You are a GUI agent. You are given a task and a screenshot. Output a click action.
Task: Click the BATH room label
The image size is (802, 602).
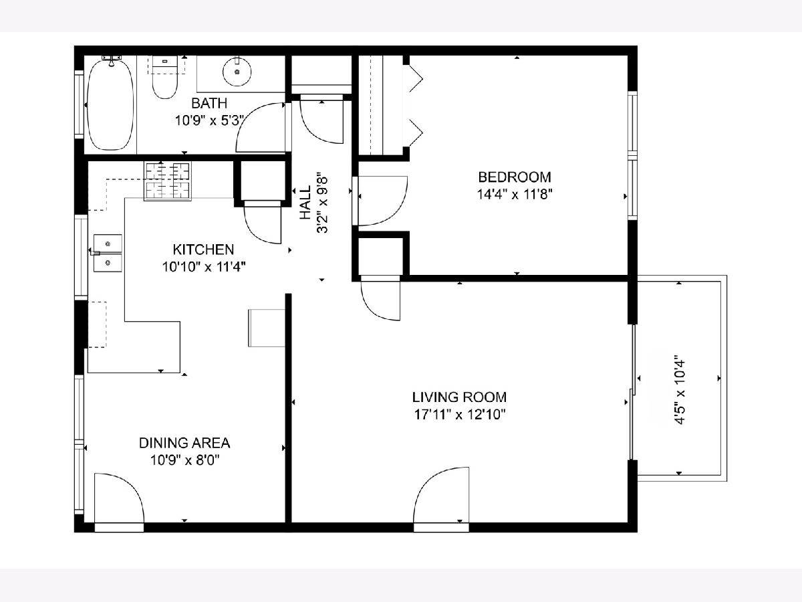coord(209,104)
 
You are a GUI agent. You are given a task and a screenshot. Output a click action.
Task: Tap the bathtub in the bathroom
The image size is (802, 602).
coord(110,104)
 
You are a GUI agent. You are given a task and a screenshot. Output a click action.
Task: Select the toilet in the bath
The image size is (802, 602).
coord(165,78)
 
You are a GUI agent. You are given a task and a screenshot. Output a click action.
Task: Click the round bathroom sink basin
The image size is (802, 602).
coord(237,72)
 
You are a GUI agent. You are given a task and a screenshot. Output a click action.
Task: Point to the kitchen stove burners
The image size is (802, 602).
coord(168,181)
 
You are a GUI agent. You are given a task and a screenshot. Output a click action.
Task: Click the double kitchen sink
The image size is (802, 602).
coord(108,253)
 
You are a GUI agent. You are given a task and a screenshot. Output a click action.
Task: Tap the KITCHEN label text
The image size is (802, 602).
coord(204,249)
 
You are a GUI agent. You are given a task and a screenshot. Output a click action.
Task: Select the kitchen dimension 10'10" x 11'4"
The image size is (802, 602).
coord(204,267)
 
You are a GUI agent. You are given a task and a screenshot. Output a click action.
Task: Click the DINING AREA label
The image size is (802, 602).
coord(184,443)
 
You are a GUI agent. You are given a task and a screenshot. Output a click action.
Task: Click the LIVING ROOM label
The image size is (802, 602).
coord(459,397)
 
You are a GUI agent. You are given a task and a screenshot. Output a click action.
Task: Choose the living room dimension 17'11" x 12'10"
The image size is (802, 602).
coord(460,415)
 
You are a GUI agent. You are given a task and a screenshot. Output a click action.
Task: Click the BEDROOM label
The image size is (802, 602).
coord(515,177)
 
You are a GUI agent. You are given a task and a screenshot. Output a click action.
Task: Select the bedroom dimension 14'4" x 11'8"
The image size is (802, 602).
coord(515,195)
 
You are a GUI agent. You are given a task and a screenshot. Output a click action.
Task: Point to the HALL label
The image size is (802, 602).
coord(305,203)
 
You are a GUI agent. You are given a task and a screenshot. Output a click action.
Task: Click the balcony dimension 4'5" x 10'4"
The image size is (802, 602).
coord(679,390)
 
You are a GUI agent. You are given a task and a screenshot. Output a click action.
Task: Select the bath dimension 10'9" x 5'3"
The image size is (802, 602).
coord(210,120)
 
